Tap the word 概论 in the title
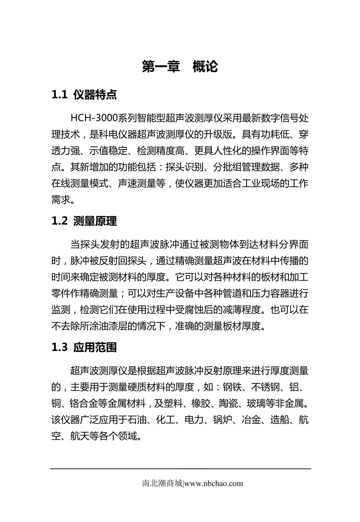point(205,67)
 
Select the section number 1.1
point(59,95)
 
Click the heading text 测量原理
point(95,221)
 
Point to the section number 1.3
point(59,348)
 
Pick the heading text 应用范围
point(95,348)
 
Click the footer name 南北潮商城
point(162,484)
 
